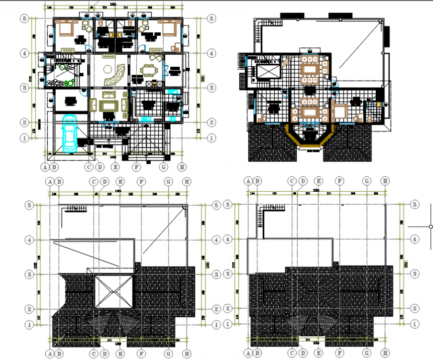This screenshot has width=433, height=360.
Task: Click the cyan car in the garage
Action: coord(69,133)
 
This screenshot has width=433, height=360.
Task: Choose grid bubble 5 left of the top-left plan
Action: coord(23,18)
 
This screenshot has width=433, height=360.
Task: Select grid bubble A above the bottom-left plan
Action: coord(50,182)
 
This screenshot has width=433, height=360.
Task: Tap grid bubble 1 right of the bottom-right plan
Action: coord(415,324)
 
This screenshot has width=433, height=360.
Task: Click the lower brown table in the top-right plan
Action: coord(311,113)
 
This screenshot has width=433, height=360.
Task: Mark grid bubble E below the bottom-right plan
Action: coord(319,353)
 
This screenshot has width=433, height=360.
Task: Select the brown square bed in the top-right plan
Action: coord(341,112)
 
